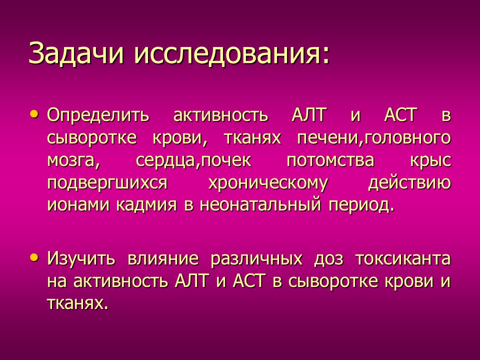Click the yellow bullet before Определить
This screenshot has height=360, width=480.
tap(34, 115)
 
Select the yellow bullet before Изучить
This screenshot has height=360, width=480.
tap(34, 258)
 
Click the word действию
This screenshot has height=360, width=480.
tap(409, 183)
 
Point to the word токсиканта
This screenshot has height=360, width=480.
tap(402, 259)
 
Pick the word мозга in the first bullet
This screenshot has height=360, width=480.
tap(70, 161)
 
